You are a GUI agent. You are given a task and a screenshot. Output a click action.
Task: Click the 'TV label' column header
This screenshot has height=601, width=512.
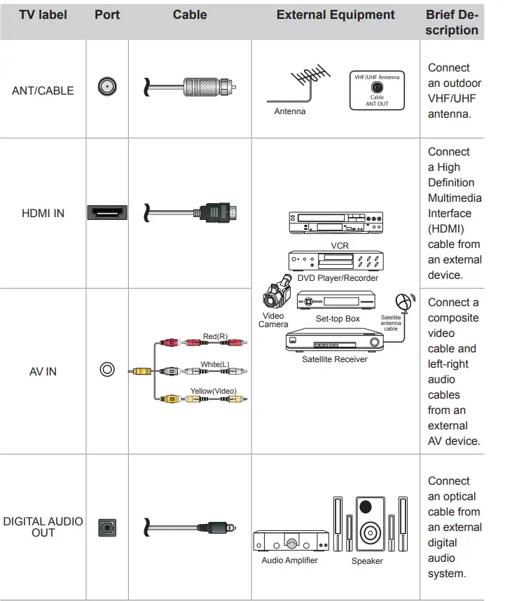pyautogui.click(x=43, y=15)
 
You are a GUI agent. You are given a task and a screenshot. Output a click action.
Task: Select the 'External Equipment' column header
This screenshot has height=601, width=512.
pyautogui.click(x=335, y=15)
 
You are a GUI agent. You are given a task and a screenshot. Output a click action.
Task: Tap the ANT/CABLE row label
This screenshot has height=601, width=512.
pyautogui.click(x=43, y=90)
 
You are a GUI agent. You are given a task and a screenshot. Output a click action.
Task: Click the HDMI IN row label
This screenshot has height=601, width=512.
pyautogui.click(x=43, y=213)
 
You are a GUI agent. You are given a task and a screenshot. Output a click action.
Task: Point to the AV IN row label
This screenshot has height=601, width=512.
pyautogui.click(x=43, y=371)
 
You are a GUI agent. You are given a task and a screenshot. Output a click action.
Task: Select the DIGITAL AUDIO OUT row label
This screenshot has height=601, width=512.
pyautogui.click(x=43, y=527)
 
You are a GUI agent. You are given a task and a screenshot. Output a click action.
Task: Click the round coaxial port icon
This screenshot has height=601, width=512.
pyautogui.click(x=106, y=88)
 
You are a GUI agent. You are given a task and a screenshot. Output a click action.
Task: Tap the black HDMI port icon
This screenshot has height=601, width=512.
pyautogui.click(x=106, y=212)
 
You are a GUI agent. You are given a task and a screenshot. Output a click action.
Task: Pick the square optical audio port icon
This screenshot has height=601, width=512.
pyautogui.click(x=106, y=527)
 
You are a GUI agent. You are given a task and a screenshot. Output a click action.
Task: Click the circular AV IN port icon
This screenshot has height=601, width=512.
pyautogui.click(x=106, y=369)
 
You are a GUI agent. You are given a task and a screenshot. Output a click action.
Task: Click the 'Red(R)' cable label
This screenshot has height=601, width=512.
pyautogui.click(x=215, y=337)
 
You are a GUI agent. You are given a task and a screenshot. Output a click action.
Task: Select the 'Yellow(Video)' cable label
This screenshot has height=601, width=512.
pyautogui.click(x=213, y=391)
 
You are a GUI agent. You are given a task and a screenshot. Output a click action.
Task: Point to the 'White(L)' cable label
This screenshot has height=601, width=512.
pyautogui.click(x=215, y=364)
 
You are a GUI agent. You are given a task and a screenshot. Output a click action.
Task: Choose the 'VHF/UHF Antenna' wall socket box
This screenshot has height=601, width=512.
pyautogui.click(x=377, y=90)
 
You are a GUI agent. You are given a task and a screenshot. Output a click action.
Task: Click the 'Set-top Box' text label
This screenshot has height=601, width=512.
pyautogui.click(x=337, y=319)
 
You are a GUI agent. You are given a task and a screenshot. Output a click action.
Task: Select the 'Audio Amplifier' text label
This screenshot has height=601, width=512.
pyautogui.click(x=289, y=560)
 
